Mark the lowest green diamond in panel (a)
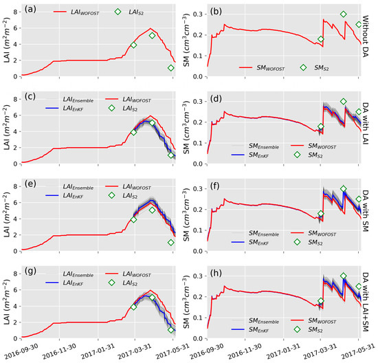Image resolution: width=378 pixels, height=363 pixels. (x=172, y=67)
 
